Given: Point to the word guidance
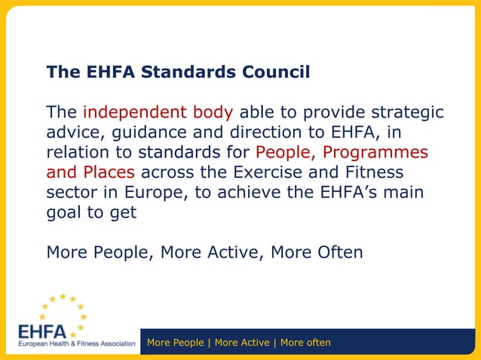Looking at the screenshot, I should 149,133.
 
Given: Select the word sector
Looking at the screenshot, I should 67,192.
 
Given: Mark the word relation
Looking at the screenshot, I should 77,153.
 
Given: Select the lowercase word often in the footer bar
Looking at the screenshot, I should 311,343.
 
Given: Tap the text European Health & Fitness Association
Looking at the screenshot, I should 76,344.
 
